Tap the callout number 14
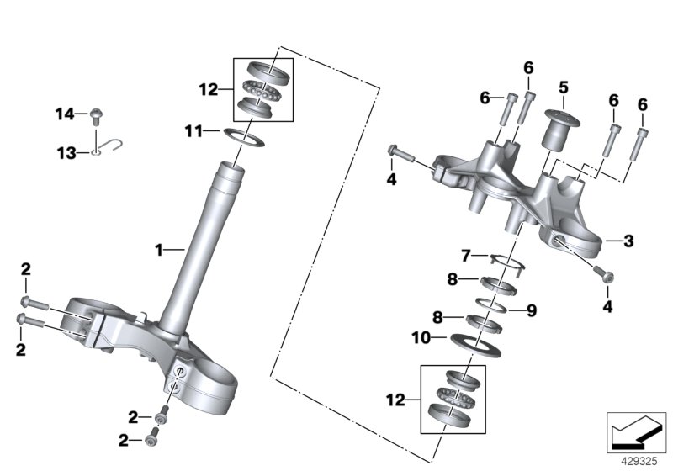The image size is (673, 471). (x=65, y=113)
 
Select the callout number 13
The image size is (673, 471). (x=65, y=152)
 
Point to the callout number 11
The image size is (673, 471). (x=193, y=130)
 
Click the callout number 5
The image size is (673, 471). (x=563, y=86)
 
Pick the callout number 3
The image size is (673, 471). (x=628, y=241)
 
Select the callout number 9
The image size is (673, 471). (x=531, y=310)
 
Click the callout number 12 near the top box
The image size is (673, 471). (x=209, y=87)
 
